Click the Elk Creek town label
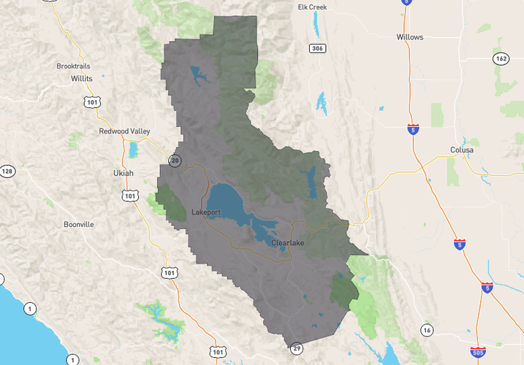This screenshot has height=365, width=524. pos(312,7)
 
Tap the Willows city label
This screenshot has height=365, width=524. pos(409,36)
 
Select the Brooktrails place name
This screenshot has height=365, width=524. pos(73,66)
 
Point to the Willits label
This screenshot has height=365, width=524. pos(82,77)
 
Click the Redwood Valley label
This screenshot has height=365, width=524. pos(124,131)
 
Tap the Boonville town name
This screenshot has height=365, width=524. pos(78,224)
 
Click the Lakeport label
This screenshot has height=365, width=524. pos(205,212)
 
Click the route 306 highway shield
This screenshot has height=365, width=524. pos(316,48)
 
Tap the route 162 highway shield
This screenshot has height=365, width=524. pos(500,58)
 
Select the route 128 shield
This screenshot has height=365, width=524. pos(7,171)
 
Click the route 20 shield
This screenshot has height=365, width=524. pos(175,160)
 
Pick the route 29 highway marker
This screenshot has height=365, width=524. pos(296,347)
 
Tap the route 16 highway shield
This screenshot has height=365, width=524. pos(427,331)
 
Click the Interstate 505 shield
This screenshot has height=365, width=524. pos(478,352)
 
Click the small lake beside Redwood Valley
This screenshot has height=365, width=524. pos(133,150)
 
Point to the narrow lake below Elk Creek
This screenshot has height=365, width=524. pos(316,26)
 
